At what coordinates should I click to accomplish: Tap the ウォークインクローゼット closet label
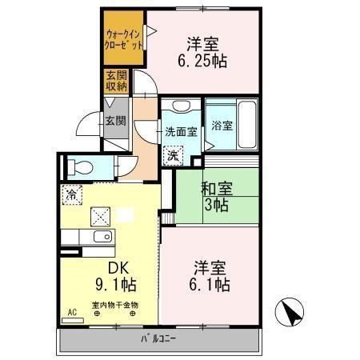124,40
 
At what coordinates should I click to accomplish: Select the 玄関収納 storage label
113,82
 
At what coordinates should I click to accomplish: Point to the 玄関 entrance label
114,122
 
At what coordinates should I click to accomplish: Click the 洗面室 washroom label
181,132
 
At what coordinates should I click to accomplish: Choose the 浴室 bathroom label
222,126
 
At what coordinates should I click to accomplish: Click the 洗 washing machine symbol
173,156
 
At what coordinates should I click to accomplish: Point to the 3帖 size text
215,206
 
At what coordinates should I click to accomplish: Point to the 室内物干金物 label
114,305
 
